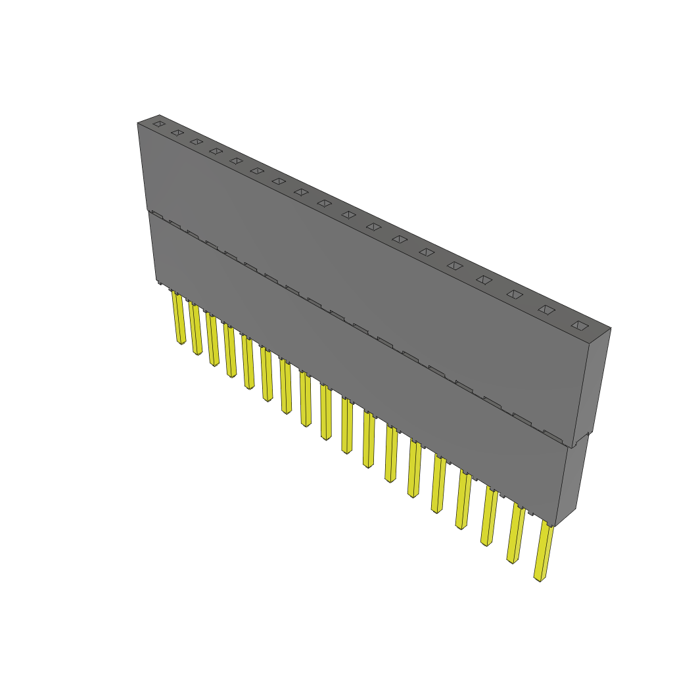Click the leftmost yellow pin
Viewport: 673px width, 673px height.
pyautogui.click(x=178, y=318)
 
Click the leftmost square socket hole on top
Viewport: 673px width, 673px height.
pyautogui.click(x=158, y=123)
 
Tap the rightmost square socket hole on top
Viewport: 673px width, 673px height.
pyautogui.click(x=579, y=325)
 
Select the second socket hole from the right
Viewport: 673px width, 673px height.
pyautogui.click(x=547, y=310)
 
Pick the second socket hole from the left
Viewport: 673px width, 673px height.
pyautogui.click(x=177, y=133)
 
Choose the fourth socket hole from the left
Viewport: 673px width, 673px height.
pyautogui.click(x=216, y=151)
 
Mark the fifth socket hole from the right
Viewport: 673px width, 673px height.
pyautogui.click(x=455, y=266)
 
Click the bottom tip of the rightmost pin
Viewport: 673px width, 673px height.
pyautogui.click(x=540, y=579)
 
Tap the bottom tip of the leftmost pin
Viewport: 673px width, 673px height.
pyautogui.click(x=181, y=342)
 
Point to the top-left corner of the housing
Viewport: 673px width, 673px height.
pyautogui.click(x=138, y=124)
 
